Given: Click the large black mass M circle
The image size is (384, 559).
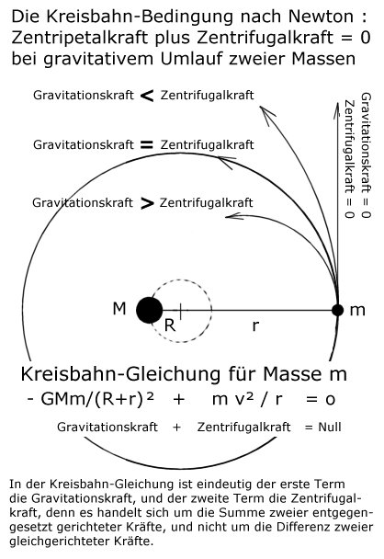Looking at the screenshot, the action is (x=150, y=310).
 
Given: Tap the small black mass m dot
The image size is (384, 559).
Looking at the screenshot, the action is (x=337, y=310).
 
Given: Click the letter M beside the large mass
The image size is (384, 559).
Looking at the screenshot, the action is (x=119, y=309).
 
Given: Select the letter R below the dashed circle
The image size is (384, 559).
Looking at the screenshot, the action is (x=170, y=325).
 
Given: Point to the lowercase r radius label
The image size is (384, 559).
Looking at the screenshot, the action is (x=255, y=325).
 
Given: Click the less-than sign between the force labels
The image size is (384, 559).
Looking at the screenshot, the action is (x=147, y=96).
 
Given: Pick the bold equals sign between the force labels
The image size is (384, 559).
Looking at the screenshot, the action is (x=147, y=144).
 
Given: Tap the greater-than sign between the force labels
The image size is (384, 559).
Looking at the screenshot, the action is (x=147, y=203).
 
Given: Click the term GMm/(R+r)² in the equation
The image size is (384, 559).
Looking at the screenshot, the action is (x=97, y=399).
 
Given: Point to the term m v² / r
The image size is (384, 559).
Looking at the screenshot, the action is (x=247, y=399).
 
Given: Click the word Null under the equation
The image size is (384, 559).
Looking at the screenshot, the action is (x=330, y=427).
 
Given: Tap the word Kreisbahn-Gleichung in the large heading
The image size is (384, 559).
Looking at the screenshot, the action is (x=120, y=374).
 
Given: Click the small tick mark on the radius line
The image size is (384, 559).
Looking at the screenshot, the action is (x=181, y=311).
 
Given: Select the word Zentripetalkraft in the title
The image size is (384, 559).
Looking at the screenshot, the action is (x=80, y=38).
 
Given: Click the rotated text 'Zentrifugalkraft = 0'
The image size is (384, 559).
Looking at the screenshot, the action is (x=349, y=159).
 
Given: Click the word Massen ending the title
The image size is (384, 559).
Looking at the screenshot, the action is (x=323, y=59).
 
